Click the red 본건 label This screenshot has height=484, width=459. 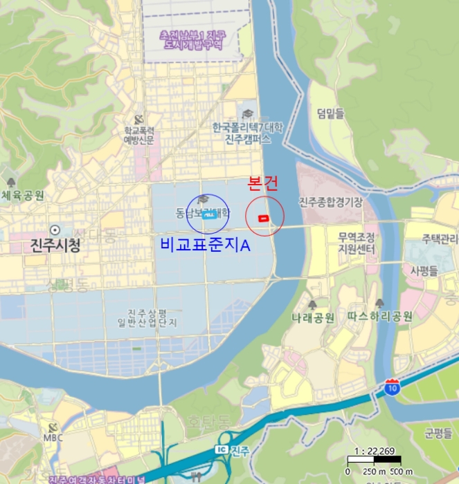[263, 184]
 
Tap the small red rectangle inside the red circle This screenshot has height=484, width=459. [263, 218]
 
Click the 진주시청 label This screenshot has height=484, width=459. [55, 245]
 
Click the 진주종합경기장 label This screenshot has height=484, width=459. [330, 202]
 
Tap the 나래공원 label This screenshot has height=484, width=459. [313, 317]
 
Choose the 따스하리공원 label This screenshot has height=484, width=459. [380, 317]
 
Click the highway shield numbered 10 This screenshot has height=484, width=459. [392, 387]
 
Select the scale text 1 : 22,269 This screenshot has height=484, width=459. [374, 450]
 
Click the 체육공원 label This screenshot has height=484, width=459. [23, 196]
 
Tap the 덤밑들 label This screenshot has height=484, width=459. [330, 113]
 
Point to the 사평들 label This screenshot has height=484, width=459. [426, 270]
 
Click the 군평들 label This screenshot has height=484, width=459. [438, 434]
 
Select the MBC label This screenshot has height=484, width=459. [53, 438]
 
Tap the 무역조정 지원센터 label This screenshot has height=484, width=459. [357, 243]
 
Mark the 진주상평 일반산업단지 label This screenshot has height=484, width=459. [153, 317]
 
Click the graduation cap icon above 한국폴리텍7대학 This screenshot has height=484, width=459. [248, 113]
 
